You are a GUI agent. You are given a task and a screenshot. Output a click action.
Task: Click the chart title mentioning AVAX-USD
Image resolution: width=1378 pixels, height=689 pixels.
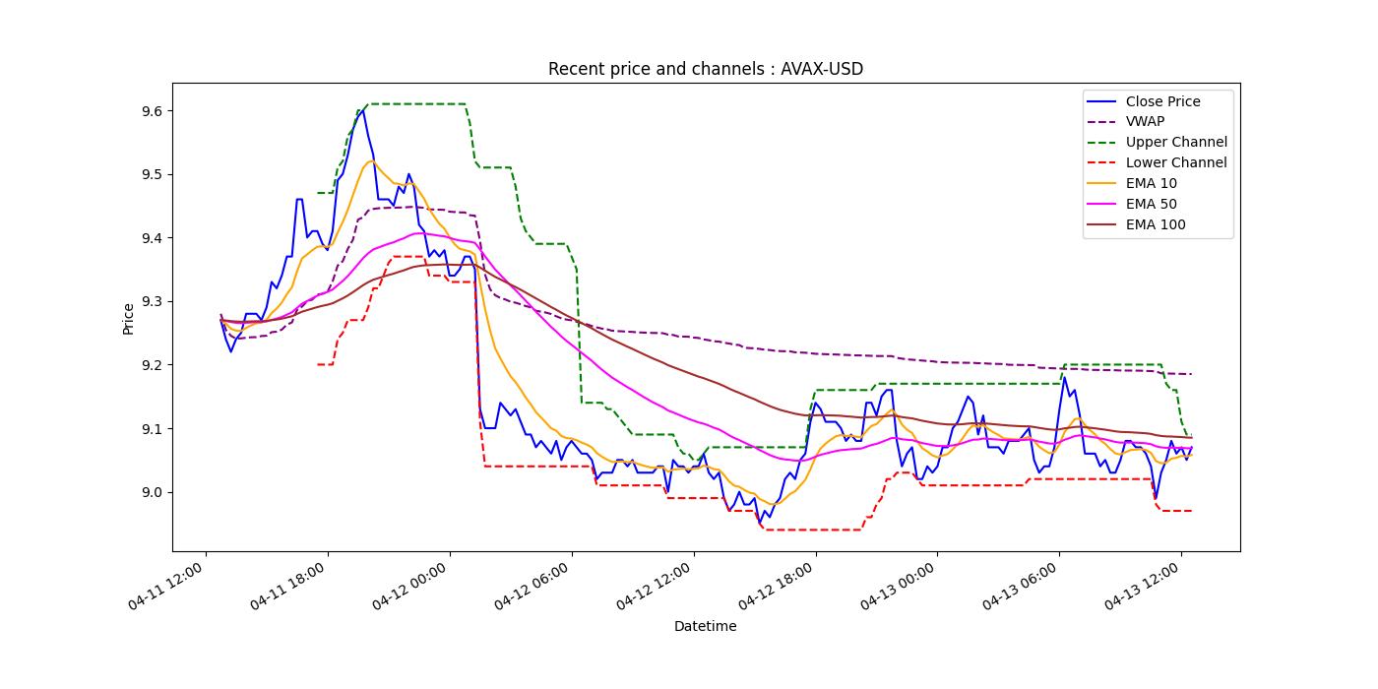pyautogui.click(x=705, y=69)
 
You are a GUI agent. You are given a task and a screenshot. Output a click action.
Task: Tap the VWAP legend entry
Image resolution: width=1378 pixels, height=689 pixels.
pyautogui.click(x=1145, y=122)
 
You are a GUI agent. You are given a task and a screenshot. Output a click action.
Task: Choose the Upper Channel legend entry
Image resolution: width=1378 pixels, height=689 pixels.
pyautogui.click(x=1176, y=143)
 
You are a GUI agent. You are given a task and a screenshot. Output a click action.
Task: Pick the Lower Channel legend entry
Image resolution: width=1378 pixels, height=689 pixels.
pyautogui.click(x=1176, y=163)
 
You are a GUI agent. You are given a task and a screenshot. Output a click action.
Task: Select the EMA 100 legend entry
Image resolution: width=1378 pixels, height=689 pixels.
pyautogui.click(x=1155, y=225)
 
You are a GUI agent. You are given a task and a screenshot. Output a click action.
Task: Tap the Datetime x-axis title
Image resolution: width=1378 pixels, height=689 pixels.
pyautogui.click(x=705, y=626)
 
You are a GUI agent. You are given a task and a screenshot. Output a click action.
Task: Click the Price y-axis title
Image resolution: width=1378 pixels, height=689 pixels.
pyautogui.click(x=128, y=318)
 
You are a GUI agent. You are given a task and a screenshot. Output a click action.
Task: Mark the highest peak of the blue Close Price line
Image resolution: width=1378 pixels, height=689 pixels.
pyautogui.click(x=363, y=109)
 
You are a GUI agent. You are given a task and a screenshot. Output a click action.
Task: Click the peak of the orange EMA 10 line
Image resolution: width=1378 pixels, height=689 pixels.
pyautogui.click(x=371, y=161)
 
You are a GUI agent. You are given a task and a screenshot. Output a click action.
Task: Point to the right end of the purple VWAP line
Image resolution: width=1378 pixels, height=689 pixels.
pyautogui.click(x=1191, y=374)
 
